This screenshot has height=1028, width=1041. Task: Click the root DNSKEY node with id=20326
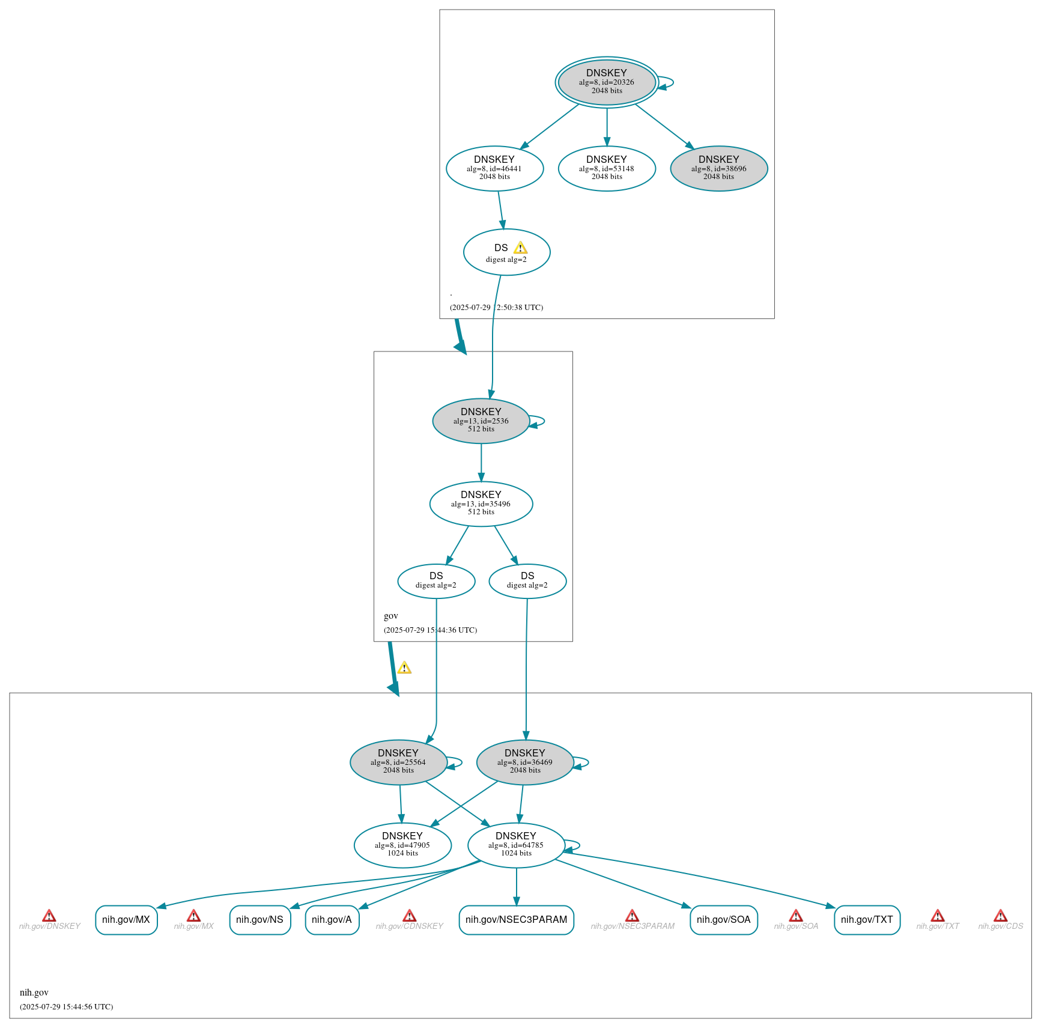606,82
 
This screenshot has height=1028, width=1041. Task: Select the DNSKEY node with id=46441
494,169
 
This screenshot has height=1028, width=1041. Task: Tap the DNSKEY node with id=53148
606,169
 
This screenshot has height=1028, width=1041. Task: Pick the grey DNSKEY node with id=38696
718,169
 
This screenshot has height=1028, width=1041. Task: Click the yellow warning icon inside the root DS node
520,248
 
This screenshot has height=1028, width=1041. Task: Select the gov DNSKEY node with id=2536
481,421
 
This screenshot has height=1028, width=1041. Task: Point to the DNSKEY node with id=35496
481,504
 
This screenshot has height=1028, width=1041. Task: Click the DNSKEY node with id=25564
398,762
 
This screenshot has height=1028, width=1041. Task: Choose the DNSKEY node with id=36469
524,762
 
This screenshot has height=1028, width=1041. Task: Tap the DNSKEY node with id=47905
402,845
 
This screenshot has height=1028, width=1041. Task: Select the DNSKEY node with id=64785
515,845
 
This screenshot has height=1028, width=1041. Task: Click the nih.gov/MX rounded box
126,920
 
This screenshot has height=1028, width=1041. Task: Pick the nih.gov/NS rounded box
259,920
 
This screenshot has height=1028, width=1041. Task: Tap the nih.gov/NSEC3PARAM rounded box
516,920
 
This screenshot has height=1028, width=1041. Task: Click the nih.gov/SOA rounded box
723,920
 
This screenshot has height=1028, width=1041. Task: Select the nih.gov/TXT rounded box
867,920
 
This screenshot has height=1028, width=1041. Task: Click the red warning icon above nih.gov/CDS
1000,916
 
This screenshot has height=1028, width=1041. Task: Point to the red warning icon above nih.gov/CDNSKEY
409,916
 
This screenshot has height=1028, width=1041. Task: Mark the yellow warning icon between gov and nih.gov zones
404,668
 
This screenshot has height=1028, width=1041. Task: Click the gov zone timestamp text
430,630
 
